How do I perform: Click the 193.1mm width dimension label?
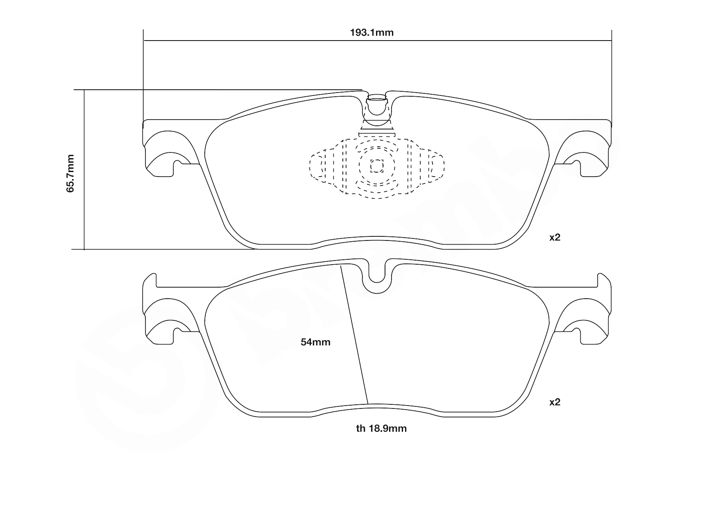371,33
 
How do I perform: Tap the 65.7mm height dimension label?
70,173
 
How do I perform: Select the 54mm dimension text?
315,342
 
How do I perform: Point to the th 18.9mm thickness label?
381,429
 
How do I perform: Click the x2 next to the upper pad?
555,237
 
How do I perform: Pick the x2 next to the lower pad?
555,402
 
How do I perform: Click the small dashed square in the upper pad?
377,166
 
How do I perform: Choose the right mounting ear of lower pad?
590,322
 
